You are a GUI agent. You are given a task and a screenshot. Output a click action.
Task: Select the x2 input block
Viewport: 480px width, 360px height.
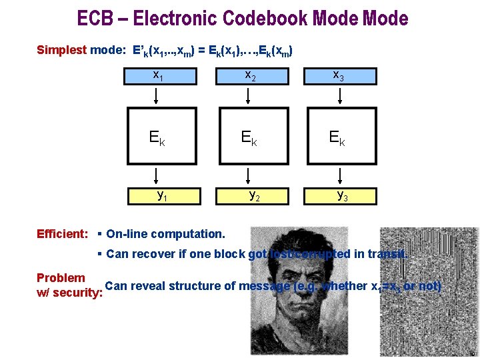pyautogui.click(x=248, y=75)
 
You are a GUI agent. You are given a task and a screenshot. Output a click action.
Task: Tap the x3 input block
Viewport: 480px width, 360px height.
pyautogui.click(x=339, y=75)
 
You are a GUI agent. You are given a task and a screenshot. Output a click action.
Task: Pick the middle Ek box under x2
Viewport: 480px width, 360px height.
pyautogui.click(x=248, y=138)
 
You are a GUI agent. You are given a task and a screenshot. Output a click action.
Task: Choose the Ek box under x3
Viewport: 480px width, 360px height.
pyautogui.click(x=339, y=138)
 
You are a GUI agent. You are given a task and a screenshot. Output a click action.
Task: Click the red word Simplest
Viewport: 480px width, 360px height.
pyautogui.click(x=61, y=50)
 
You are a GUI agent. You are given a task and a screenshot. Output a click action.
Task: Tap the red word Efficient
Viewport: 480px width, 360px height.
pyautogui.click(x=62, y=234)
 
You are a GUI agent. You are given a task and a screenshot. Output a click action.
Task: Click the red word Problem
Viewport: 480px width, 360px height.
pyautogui.click(x=61, y=278)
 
